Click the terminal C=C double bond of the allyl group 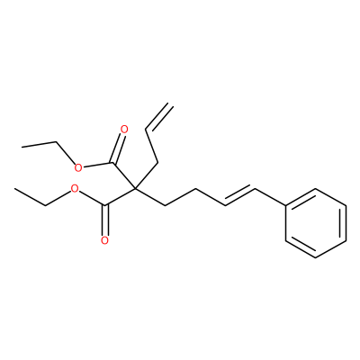[158, 117]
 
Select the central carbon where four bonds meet [135, 188]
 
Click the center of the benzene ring [316, 223]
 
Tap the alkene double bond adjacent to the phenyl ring [240, 196]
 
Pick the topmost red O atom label [123, 130]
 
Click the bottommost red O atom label [104, 240]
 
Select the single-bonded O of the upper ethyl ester [78, 167]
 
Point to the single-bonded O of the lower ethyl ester [75, 189]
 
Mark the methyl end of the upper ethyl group [22, 147]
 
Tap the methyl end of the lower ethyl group [14, 189]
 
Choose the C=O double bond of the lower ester [104, 220]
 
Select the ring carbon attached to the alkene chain [285, 205]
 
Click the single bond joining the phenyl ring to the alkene [270, 197]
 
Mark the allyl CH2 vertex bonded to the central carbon [157, 163]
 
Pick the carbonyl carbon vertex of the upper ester [112, 163]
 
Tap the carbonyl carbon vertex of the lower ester [104, 205]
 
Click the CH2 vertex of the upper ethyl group [57, 142]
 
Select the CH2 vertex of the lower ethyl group [45, 205]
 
